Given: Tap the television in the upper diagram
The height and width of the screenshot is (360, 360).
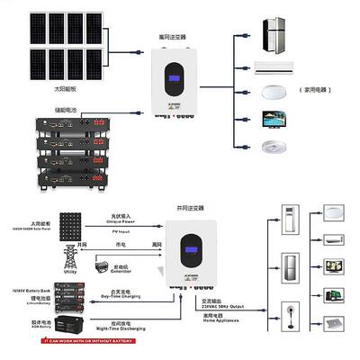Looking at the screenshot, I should coord(273,119).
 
